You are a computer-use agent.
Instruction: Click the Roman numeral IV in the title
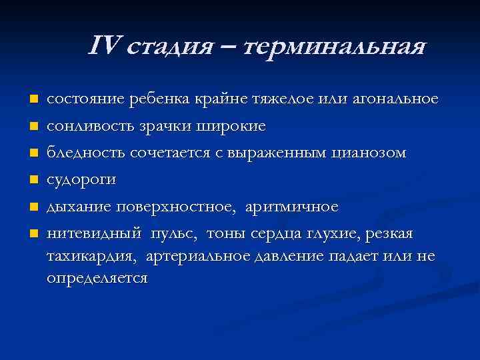click(103, 46)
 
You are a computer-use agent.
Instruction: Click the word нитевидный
click(89, 234)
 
